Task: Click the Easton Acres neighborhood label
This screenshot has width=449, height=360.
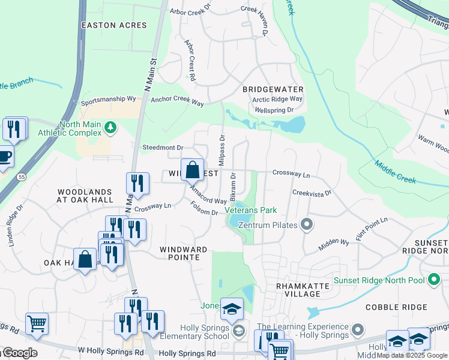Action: [x=114, y=25]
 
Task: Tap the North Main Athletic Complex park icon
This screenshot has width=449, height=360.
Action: [x=110, y=127]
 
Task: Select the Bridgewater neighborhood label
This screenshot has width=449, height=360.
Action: [x=273, y=89]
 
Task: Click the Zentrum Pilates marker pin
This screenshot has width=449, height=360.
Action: [x=307, y=226]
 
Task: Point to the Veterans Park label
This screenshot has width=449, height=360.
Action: [x=251, y=211]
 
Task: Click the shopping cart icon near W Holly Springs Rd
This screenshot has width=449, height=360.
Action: [x=37, y=323]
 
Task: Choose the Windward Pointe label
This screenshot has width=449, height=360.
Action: [x=184, y=253]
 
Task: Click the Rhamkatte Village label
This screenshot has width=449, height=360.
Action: [x=298, y=290]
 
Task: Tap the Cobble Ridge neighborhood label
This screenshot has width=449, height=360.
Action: [x=396, y=307]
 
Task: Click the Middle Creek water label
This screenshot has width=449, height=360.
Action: [x=394, y=172]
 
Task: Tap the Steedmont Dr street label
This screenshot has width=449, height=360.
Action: [x=162, y=148]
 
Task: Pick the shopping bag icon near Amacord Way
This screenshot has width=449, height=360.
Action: [x=192, y=170]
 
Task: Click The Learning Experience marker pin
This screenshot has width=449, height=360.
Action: [x=358, y=329]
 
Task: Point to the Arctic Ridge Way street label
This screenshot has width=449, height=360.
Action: [x=277, y=99]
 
